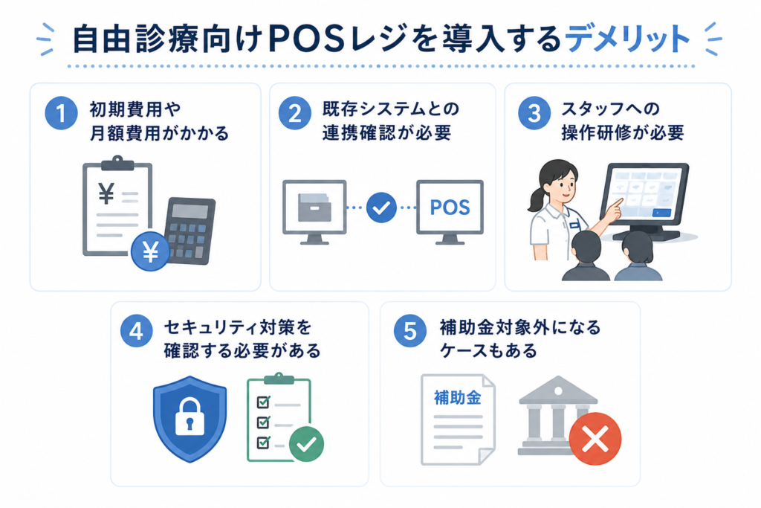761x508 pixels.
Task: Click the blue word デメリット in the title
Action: [x=627, y=39]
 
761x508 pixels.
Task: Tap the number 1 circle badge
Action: [x=61, y=113]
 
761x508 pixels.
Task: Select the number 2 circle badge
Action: [x=294, y=113]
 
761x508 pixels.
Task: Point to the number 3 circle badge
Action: [x=534, y=113]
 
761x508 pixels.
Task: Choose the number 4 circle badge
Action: [x=137, y=331]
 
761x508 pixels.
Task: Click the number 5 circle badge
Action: [x=410, y=331]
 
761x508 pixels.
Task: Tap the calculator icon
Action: [x=190, y=231]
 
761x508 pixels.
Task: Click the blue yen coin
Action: [x=150, y=251]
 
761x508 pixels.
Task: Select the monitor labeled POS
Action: [x=450, y=212]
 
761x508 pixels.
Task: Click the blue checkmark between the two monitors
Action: [x=381, y=208]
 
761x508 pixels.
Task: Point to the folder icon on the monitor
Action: [x=314, y=207]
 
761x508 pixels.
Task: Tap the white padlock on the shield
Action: [x=190, y=416]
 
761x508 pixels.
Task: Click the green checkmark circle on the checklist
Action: [x=306, y=443]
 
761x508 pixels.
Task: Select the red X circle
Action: [x=595, y=439]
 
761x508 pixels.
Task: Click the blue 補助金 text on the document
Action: [x=457, y=398]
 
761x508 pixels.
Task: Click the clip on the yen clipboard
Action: [x=117, y=163]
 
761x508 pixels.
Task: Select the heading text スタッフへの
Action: [x=611, y=109]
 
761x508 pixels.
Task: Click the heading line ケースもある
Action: [x=488, y=350]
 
